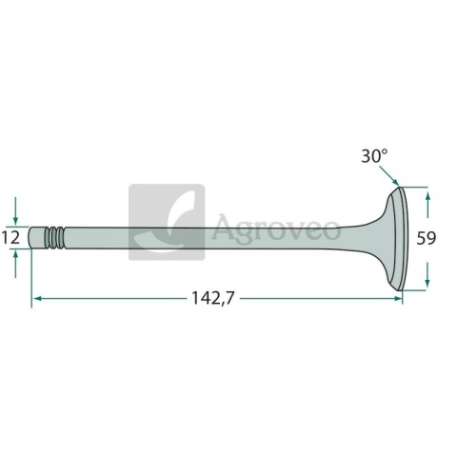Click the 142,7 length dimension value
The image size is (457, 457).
click(213, 298)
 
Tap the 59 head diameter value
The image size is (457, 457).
click(427, 238)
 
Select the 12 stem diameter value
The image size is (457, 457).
click(11, 237)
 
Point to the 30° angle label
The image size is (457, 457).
click(374, 156)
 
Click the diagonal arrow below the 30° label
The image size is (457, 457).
click(388, 175)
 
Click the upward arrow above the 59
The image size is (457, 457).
click(427, 205)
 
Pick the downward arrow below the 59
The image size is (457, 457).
click(427, 274)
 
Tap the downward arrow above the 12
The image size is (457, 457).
click(16, 211)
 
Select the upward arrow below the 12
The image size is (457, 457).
click(16, 264)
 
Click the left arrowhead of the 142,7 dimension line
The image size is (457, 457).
click(37, 298)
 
